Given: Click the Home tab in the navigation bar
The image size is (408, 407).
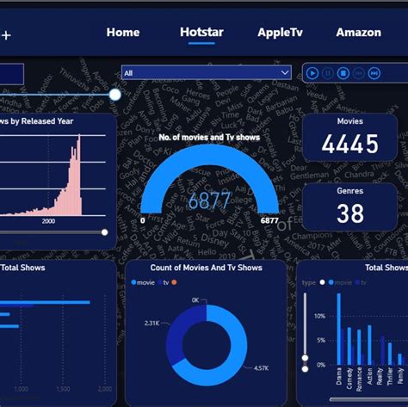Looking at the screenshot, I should pyautogui.click(x=123, y=33).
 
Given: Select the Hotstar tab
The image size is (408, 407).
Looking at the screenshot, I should pyautogui.click(x=201, y=33).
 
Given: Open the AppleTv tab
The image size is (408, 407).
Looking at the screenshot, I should pyautogui.click(x=279, y=33).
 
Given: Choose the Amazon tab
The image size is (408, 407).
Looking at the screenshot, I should pyautogui.click(x=359, y=33).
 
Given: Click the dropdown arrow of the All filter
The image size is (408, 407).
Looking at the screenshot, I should pyautogui.click(x=285, y=73).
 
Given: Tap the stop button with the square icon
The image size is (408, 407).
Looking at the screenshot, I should pyautogui.click(x=343, y=73).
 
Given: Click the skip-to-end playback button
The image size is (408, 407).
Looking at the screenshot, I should pyautogui.click(x=376, y=73).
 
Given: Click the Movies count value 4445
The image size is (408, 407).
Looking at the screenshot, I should pyautogui.click(x=349, y=144).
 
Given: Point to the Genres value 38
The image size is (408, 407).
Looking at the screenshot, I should pyautogui.click(x=349, y=213).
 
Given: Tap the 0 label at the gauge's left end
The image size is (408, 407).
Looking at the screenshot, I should pyautogui.click(x=143, y=221).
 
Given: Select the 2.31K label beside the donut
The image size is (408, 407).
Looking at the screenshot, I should pyautogui.click(x=151, y=323).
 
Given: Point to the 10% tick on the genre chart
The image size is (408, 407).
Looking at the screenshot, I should pyautogui.click(x=319, y=316).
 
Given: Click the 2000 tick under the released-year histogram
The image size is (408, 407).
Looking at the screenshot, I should pyautogui.click(x=48, y=221).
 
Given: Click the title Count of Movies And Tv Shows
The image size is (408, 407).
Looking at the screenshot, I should pyautogui.click(x=206, y=268).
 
